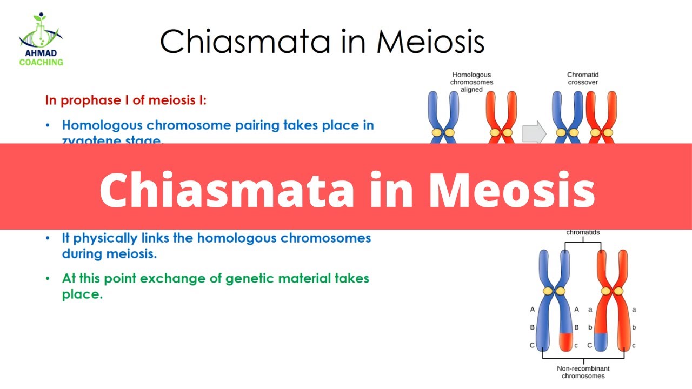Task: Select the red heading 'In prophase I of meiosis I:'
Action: [x=125, y=100]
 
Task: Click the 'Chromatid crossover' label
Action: [x=583, y=78]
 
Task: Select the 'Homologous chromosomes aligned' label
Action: [x=472, y=82]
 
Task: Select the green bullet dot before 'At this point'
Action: [x=49, y=279]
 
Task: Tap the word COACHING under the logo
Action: [x=41, y=62]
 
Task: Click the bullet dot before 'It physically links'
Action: [x=49, y=238]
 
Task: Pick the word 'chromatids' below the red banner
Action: [x=583, y=233]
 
